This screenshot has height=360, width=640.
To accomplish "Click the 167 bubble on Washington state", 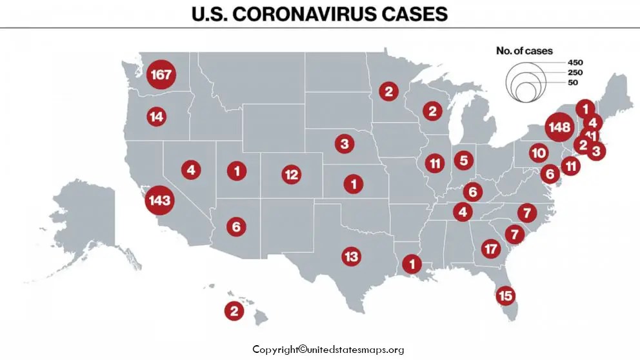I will tap(160, 75).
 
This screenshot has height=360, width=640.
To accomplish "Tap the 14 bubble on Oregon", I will tap(156, 117).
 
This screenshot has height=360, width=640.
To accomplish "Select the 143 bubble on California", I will tap(159, 200).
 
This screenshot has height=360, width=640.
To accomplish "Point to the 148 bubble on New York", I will tap(558, 127).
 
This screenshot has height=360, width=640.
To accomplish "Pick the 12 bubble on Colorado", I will tap(291, 174).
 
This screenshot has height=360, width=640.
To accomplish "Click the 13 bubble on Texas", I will tap(351, 256).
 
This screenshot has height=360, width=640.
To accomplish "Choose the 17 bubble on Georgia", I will tap(492, 248).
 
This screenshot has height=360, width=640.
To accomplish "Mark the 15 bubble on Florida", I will tap(506, 295).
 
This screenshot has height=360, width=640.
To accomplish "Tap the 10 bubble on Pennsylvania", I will tap(539, 153).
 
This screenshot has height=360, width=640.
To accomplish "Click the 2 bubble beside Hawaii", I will tap(234, 311).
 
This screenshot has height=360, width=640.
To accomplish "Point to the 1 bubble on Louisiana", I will tap(411, 263).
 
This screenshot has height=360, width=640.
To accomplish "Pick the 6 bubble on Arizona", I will tap(236, 226).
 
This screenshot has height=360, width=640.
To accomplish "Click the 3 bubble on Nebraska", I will tap(345, 143).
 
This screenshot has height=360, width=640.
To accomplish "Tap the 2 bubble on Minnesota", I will tap(388, 92).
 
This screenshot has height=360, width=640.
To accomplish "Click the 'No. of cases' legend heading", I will tap(524, 50).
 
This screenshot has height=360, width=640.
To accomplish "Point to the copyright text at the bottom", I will tap(328, 350).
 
